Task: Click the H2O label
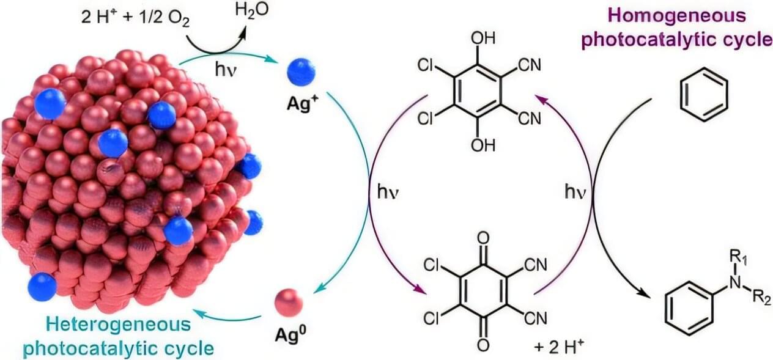point(251,10)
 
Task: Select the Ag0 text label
point(290,334)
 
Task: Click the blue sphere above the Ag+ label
point(301,72)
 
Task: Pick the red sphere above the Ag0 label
point(289,302)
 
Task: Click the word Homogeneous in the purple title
point(677,15)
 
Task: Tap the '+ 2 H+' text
point(560,347)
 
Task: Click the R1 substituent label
point(738,257)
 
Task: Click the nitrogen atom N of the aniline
point(736,283)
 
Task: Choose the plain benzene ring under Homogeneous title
point(704,95)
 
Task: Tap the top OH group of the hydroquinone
point(483,39)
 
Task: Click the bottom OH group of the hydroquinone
point(483,145)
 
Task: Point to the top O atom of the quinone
point(484,238)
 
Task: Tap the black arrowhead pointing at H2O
point(243,33)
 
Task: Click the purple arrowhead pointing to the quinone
point(420,289)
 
